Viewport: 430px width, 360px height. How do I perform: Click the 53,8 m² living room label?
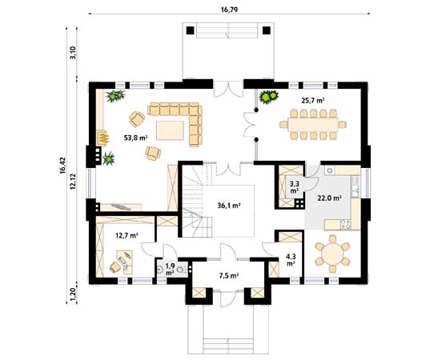tap(136, 138)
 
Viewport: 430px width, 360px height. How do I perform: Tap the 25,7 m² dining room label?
tap(313, 101)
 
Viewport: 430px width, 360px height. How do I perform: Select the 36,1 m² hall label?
tap(229, 206)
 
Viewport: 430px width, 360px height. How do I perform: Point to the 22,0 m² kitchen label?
tap(329, 198)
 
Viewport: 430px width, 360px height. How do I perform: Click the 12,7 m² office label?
tap(127, 235)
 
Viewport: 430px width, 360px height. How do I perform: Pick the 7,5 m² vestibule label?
tap(228, 276)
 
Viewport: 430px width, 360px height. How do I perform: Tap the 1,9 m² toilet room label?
tap(170, 269)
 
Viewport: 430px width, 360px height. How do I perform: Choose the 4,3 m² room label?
tap(291, 260)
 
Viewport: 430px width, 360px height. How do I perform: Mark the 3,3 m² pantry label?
tap(294, 187)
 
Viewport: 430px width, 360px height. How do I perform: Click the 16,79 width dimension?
tap(229, 10)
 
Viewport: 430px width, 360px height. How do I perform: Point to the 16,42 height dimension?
tap(62, 165)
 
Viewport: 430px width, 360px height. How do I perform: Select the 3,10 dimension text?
tap(73, 53)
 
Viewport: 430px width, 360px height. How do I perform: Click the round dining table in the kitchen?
tap(332, 254)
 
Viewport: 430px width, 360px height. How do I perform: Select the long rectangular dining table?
tap(313, 125)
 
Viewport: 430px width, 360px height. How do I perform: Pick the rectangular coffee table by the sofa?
tap(170, 130)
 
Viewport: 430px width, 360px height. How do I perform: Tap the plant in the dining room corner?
tap(269, 97)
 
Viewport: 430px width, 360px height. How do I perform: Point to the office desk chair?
tap(116, 267)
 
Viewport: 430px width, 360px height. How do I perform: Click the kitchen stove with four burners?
tap(345, 224)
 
